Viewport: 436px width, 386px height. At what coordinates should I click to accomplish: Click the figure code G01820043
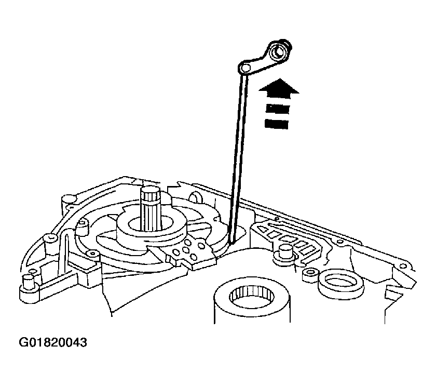click(53, 343)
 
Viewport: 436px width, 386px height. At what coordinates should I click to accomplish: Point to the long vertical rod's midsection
click(237, 156)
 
